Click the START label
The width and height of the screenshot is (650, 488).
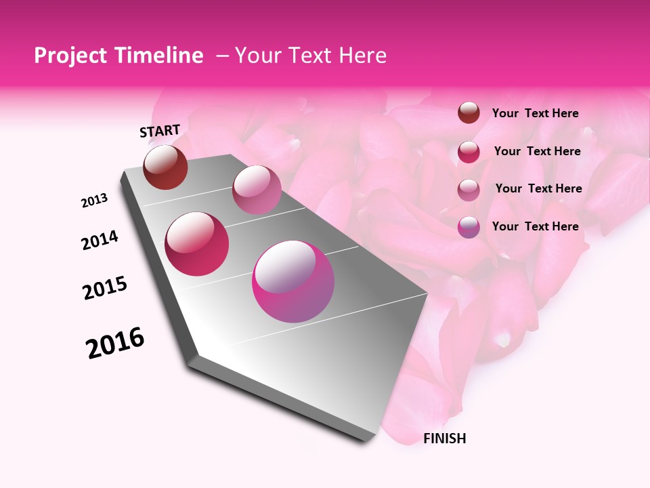pos(160,131)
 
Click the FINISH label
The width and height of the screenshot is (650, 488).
pos(445,439)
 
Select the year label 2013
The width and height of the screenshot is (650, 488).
pos(95,201)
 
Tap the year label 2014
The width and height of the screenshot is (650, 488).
pos(100,240)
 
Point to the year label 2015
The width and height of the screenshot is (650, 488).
pos(105,287)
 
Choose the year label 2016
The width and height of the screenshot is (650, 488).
pos(115,343)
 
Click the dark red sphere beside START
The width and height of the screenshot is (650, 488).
pos(165,167)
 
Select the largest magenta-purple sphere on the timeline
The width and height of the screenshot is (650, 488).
pos(293,281)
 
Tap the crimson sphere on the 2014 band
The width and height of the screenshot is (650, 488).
pos(197,244)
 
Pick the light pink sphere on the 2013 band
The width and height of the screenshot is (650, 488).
pos(257,190)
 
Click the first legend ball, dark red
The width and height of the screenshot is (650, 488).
pos(469,113)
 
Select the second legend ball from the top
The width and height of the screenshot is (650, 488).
pos(469,152)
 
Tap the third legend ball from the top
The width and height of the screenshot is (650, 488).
pos(469,190)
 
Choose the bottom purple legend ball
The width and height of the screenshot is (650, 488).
pos(469,227)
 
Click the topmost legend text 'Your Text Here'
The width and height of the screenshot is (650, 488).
pos(535,113)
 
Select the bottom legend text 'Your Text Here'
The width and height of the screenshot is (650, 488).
pos(535,226)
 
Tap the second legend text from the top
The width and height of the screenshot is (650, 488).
pos(537,151)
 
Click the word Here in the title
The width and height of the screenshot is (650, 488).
pos(363,56)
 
